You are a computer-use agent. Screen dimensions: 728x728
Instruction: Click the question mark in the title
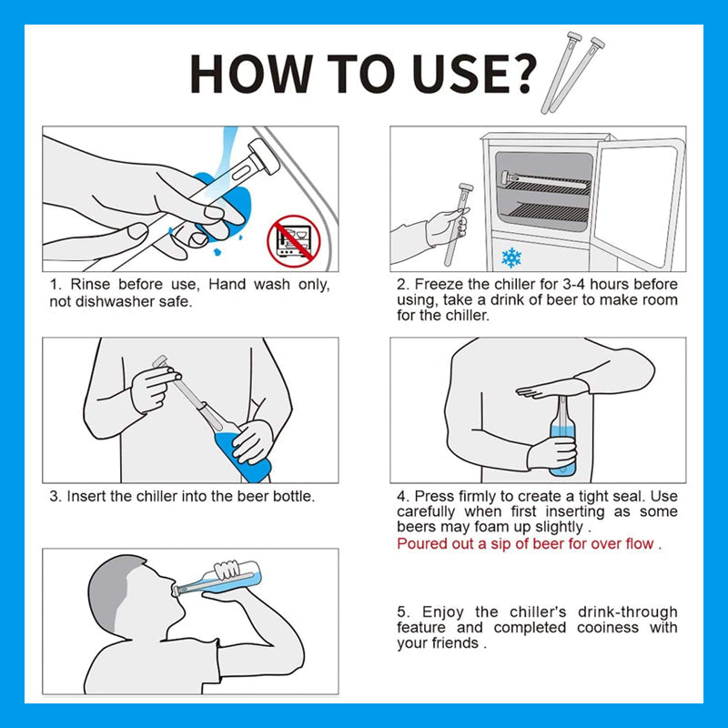point(521,75)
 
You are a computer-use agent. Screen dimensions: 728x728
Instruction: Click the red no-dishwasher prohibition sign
point(293,241)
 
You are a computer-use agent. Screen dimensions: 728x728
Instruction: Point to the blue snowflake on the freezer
point(511,258)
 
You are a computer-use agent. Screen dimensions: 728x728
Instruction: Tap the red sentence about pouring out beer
point(529,543)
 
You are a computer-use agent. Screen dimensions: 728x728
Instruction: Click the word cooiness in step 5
point(608,627)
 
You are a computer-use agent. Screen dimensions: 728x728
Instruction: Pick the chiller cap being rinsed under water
point(264,157)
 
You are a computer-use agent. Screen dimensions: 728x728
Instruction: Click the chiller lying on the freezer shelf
point(544,180)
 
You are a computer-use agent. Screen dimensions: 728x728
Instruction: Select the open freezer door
point(640,203)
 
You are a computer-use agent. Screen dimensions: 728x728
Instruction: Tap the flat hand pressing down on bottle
point(551,389)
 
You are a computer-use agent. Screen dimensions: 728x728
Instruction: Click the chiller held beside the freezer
point(459,224)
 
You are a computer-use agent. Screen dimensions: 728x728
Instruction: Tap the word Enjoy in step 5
point(442,612)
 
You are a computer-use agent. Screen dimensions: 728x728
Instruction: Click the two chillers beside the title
point(572,73)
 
